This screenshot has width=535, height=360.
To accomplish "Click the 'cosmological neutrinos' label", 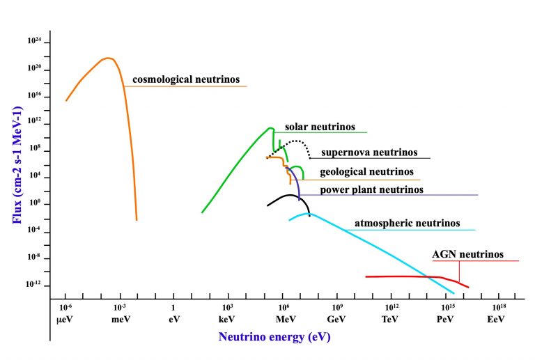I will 185,79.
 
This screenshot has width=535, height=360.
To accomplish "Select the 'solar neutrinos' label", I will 320,127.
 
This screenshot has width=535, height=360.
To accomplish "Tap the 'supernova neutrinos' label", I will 369,152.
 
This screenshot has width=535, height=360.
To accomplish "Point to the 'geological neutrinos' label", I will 366,171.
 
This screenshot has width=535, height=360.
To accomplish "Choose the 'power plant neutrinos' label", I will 371,189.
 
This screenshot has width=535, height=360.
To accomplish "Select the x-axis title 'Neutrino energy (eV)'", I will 274,337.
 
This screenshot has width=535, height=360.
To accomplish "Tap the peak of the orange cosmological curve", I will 107,58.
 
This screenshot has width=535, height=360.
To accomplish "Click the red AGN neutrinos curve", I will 404,276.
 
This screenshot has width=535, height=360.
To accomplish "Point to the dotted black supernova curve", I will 295,141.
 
